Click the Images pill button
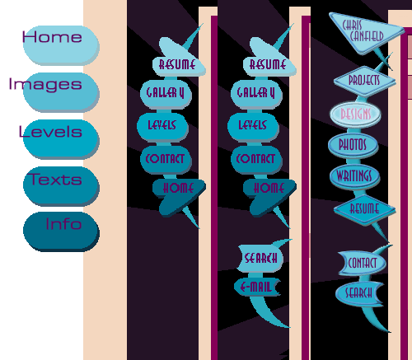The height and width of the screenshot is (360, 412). pos(61,92)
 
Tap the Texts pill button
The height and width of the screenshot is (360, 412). pos(61,186)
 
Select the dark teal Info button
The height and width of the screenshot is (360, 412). pos(61,231)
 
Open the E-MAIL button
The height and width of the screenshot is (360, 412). pos(257,288)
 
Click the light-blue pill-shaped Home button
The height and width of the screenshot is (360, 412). pos(61,45)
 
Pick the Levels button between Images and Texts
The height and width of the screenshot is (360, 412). pos(61,139)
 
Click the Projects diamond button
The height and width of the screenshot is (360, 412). pos(364,81)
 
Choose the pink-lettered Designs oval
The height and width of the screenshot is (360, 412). pos(355,115)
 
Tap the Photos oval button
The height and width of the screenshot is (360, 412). pos(353,145)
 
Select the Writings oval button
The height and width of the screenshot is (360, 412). pos(354,176)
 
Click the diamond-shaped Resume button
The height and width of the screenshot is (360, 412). pos(364,209)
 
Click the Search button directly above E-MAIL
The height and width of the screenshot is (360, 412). pos(260,258)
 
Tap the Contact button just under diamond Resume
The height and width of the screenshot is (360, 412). pos(362,263)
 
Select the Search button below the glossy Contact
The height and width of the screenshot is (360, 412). pos(359,293)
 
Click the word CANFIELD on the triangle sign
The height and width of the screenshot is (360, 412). pos(367,36)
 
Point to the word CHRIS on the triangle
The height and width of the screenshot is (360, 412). pos(352,26)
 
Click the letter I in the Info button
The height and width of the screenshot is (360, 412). pos(48,224)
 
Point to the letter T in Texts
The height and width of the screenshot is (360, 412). pos(35,179)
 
